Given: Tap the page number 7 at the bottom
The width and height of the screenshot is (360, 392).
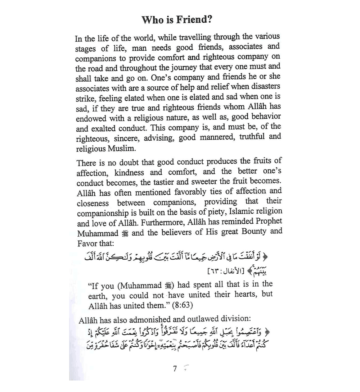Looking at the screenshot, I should pos(175,369).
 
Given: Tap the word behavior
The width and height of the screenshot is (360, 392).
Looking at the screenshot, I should pos(263,117).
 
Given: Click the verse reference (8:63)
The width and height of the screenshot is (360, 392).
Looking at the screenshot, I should pos(181,306).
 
